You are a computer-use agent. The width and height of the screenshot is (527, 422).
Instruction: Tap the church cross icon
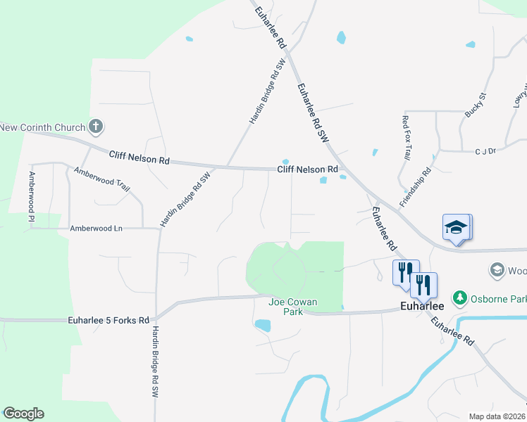[97, 127]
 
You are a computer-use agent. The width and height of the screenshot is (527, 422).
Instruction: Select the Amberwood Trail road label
[103, 181]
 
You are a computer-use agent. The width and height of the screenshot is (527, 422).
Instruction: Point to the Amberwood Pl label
[32, 198]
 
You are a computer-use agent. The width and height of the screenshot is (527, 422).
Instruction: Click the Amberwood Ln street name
[96, 229]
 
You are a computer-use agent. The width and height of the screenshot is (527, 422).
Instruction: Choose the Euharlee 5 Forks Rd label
[108, 320]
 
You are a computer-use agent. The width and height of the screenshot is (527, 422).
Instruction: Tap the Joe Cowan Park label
[293, 307]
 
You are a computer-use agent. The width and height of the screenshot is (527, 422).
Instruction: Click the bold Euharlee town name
[421, 307]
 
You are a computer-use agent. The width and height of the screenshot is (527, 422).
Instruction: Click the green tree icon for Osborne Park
[460, 298]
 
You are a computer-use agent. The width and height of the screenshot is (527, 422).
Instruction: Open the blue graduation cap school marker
[457, 228]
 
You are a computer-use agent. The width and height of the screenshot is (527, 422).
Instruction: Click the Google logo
[23, 414]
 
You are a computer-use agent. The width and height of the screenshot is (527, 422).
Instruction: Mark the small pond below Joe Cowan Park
[262, 326]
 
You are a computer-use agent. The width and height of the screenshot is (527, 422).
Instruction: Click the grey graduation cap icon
[497, 270]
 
